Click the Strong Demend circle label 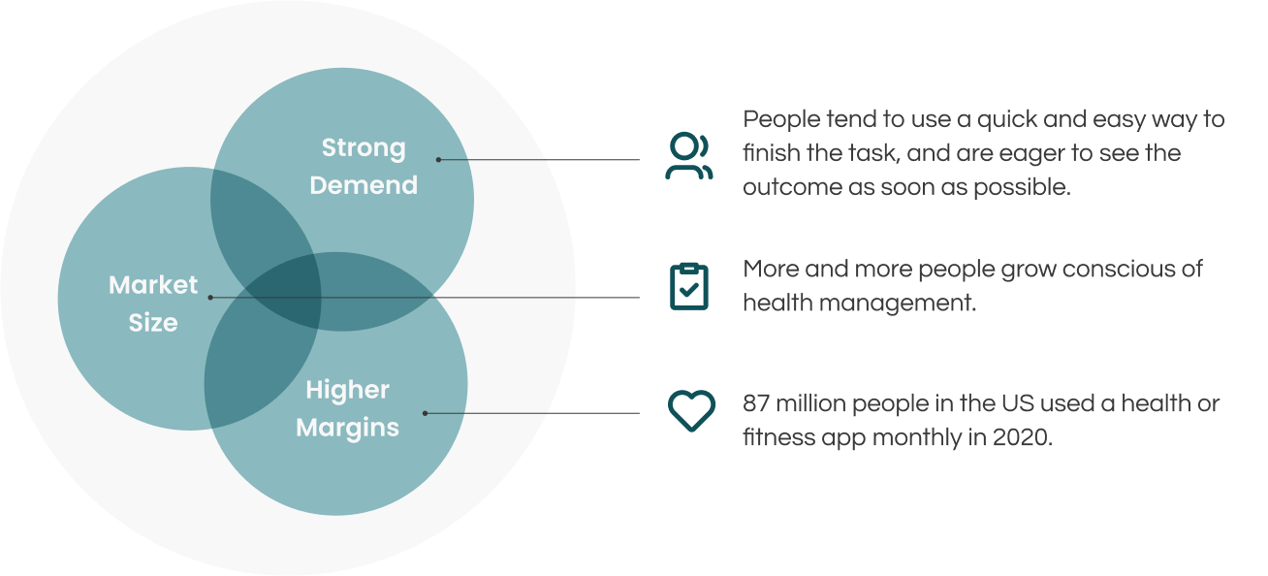pyautogui.click(x=364, y=167)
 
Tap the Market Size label pyautogui.click(x=153, y=304)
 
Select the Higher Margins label pyautogui.click(x=347, y=408)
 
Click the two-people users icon pyautogui.click(x=689, y=157)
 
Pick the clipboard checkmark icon pyautogui.click(x=689, y=286)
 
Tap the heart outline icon pyautogui.click(x=691, y=411)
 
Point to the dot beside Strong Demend pyautogui.click(x=438, y=159)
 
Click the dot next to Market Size pyautogui.click(x=211, y=297)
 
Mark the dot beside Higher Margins pyautogui.click(x=426, y=413)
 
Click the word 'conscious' pyautogui.click(x=1119, y=269)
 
